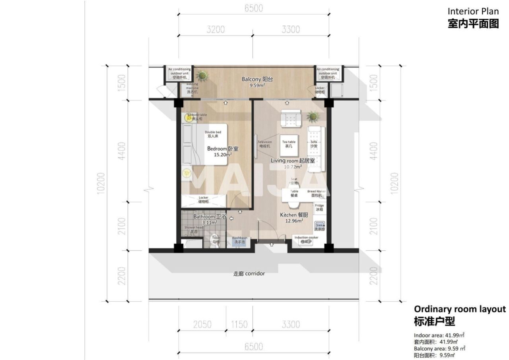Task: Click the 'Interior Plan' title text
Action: (473, 11)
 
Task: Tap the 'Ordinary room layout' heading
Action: (460, 309)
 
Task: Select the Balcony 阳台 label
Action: (257, 79)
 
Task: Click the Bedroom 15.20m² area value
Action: (223, 155)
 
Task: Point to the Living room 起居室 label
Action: (293, 161)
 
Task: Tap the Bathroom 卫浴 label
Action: (210, 217)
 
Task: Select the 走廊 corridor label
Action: (249, 273)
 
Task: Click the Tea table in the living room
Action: (289, 144)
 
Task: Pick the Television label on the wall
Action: (264, 144)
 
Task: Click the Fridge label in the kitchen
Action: (319, 207)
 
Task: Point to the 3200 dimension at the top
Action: (216, 29)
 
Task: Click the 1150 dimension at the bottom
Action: (239, 325)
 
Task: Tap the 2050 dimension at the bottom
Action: (202, 325)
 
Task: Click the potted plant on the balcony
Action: (202, 75)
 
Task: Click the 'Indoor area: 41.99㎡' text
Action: (439, 335)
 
